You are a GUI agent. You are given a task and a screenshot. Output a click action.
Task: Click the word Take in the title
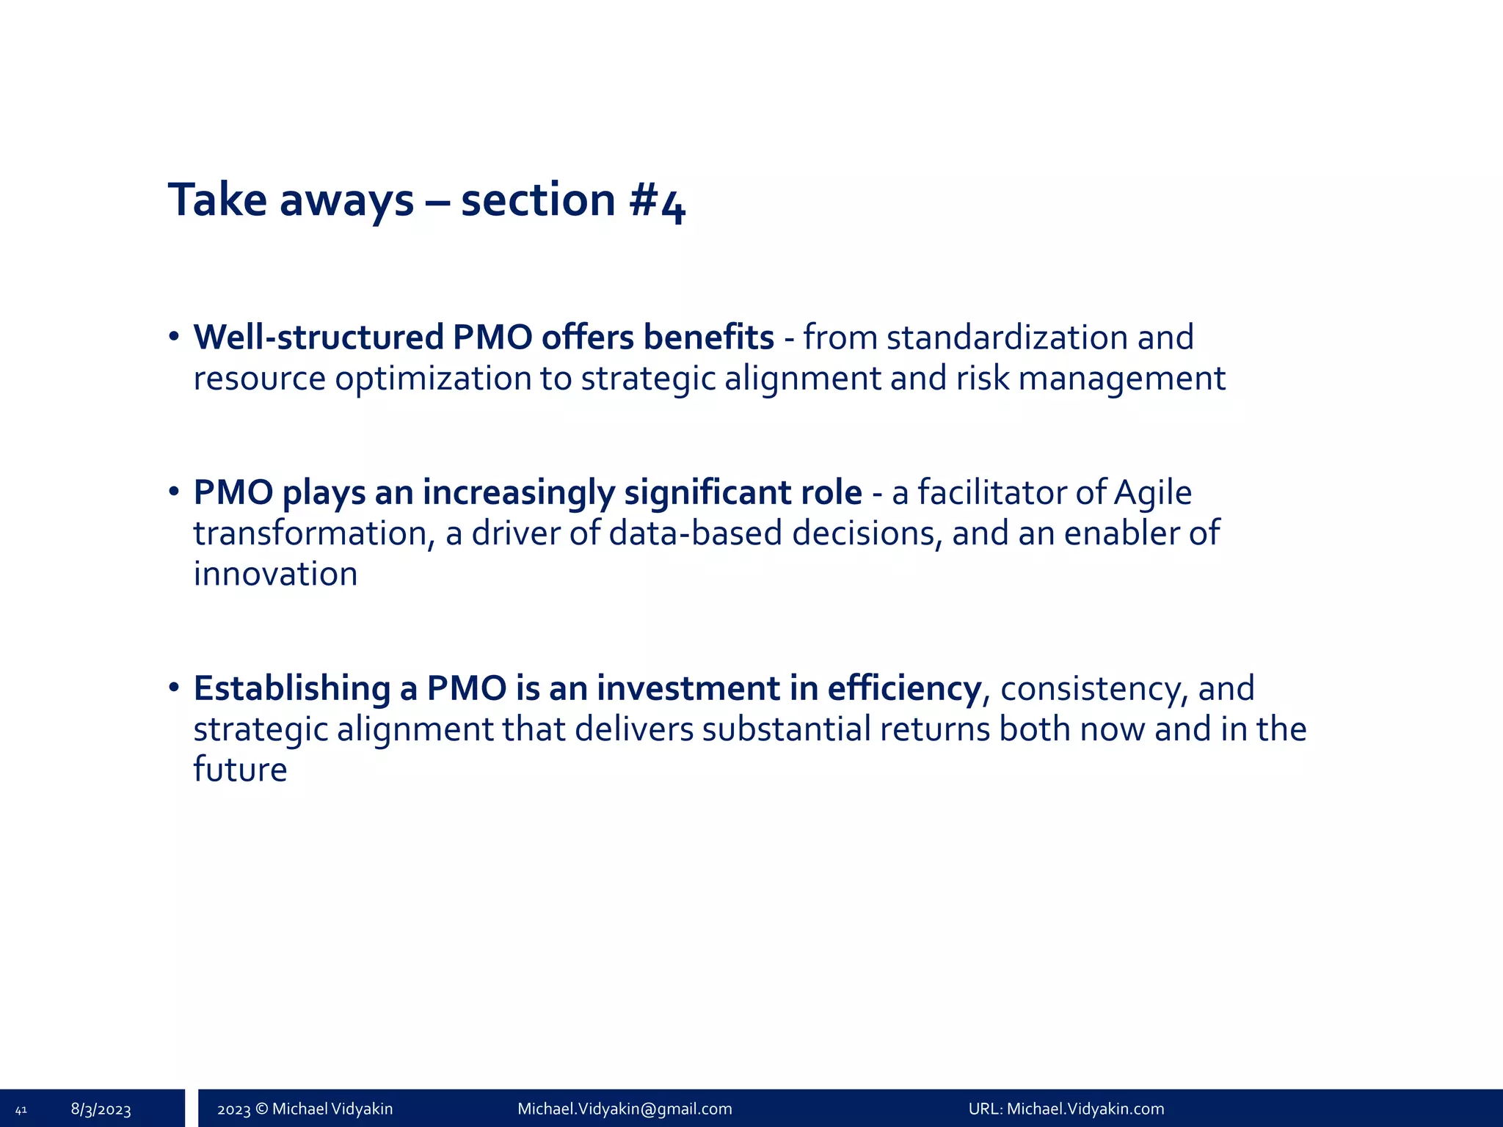tap(217, 200)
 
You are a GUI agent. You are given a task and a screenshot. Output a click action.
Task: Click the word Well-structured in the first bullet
tap(318, 338)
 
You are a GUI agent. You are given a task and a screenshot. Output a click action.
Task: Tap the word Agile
tap(1152, 493)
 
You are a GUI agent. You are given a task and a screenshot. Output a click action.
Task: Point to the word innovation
tap(275, 574)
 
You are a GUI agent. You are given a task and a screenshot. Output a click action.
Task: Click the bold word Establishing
tap(292, 689)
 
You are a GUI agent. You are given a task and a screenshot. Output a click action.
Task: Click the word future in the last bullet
tap(240, 770)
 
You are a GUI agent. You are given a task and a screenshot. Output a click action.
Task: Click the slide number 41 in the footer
tap(21, 1110)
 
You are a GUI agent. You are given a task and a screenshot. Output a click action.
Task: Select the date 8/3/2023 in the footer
tap(101, 1109)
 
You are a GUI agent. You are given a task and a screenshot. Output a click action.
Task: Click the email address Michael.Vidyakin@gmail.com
tap(625, 1109)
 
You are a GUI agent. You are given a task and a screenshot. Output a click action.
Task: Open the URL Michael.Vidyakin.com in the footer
tap(1085, 1109)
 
